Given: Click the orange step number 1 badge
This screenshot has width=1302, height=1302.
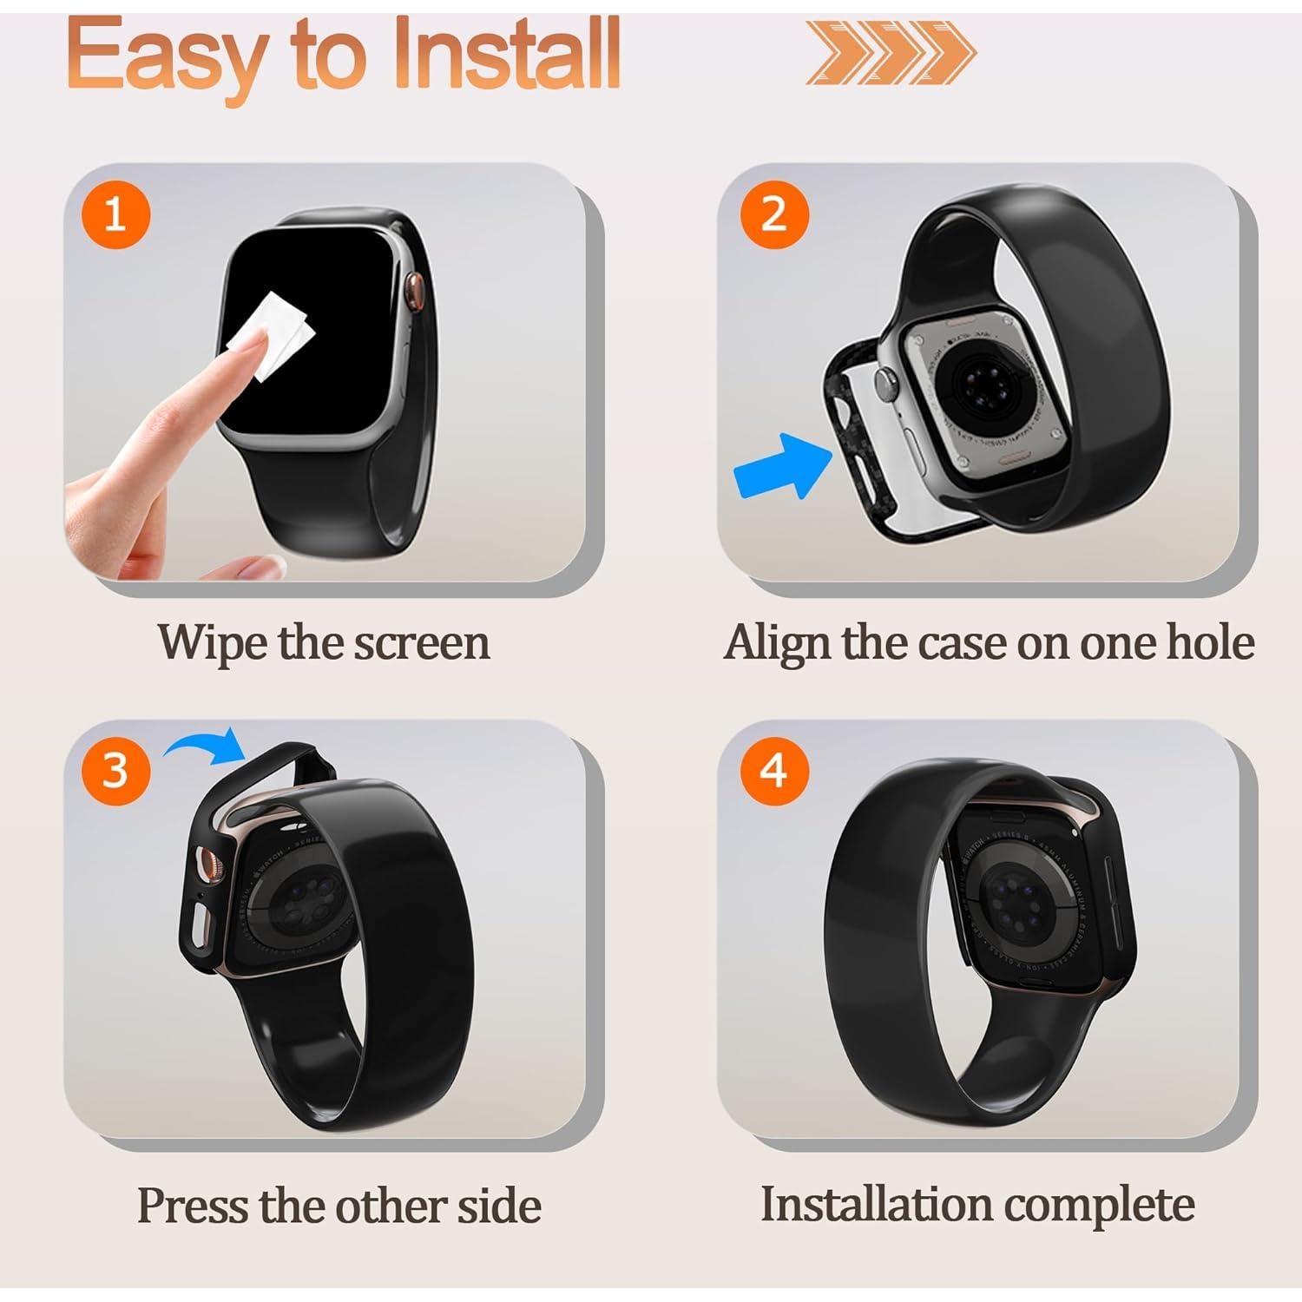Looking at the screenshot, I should pos(115,214).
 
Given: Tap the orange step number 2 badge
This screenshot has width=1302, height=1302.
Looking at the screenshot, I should pos(773,214).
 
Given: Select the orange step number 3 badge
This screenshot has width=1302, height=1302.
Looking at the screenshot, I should pos(115,770).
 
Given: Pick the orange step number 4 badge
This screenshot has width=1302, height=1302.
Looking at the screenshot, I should pos(773,770).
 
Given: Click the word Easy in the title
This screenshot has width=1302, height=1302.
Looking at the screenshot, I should pos(165,56).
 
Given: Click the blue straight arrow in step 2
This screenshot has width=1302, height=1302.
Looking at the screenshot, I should pos(781,466).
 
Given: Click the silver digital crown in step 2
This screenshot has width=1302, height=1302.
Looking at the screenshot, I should pos(884,379).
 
